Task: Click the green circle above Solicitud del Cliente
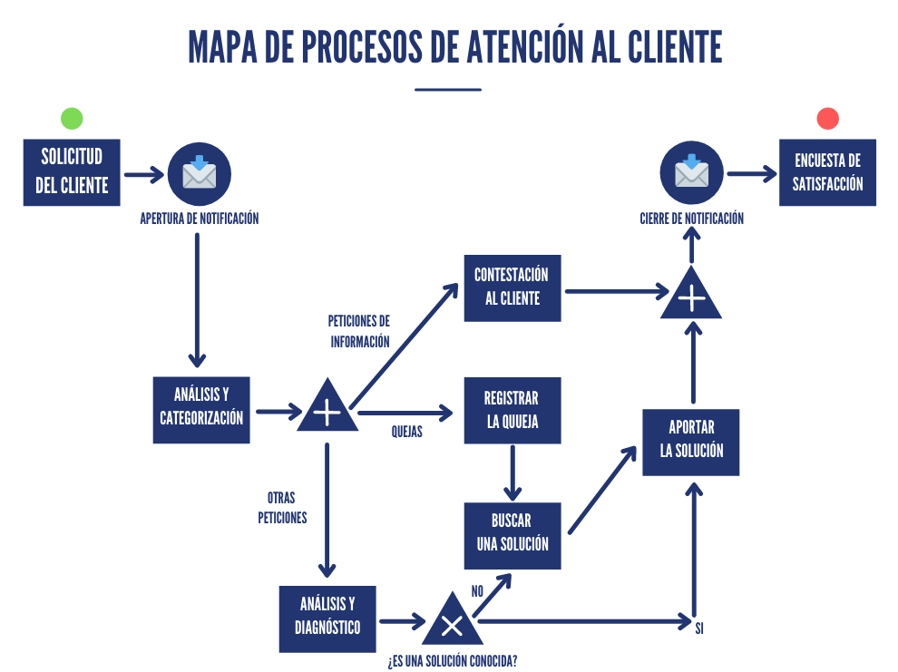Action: (x=72, y=118)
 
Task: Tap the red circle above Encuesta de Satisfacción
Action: (x=827, y=118)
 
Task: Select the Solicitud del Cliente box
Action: (x=72, y=172)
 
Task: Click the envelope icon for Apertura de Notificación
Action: (x=200, y=173)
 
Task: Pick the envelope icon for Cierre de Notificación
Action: (x=692, y=173)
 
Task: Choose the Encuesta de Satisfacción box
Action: (x=827, y=172)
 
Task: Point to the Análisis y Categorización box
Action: (x=201, y=409)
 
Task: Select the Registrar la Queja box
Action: (x=512, y=410)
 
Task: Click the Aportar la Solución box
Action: (x=691, y=442)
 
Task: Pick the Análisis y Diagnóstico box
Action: (x=327, y=618)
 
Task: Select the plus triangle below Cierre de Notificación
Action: (x=691, y=297)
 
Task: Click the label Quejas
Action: (x=406, y=433)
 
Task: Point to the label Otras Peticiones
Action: (x=282, y=509)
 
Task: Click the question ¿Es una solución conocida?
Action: (x=452, y=660)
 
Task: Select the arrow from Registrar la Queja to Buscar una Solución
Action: (x=513, y=472)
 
